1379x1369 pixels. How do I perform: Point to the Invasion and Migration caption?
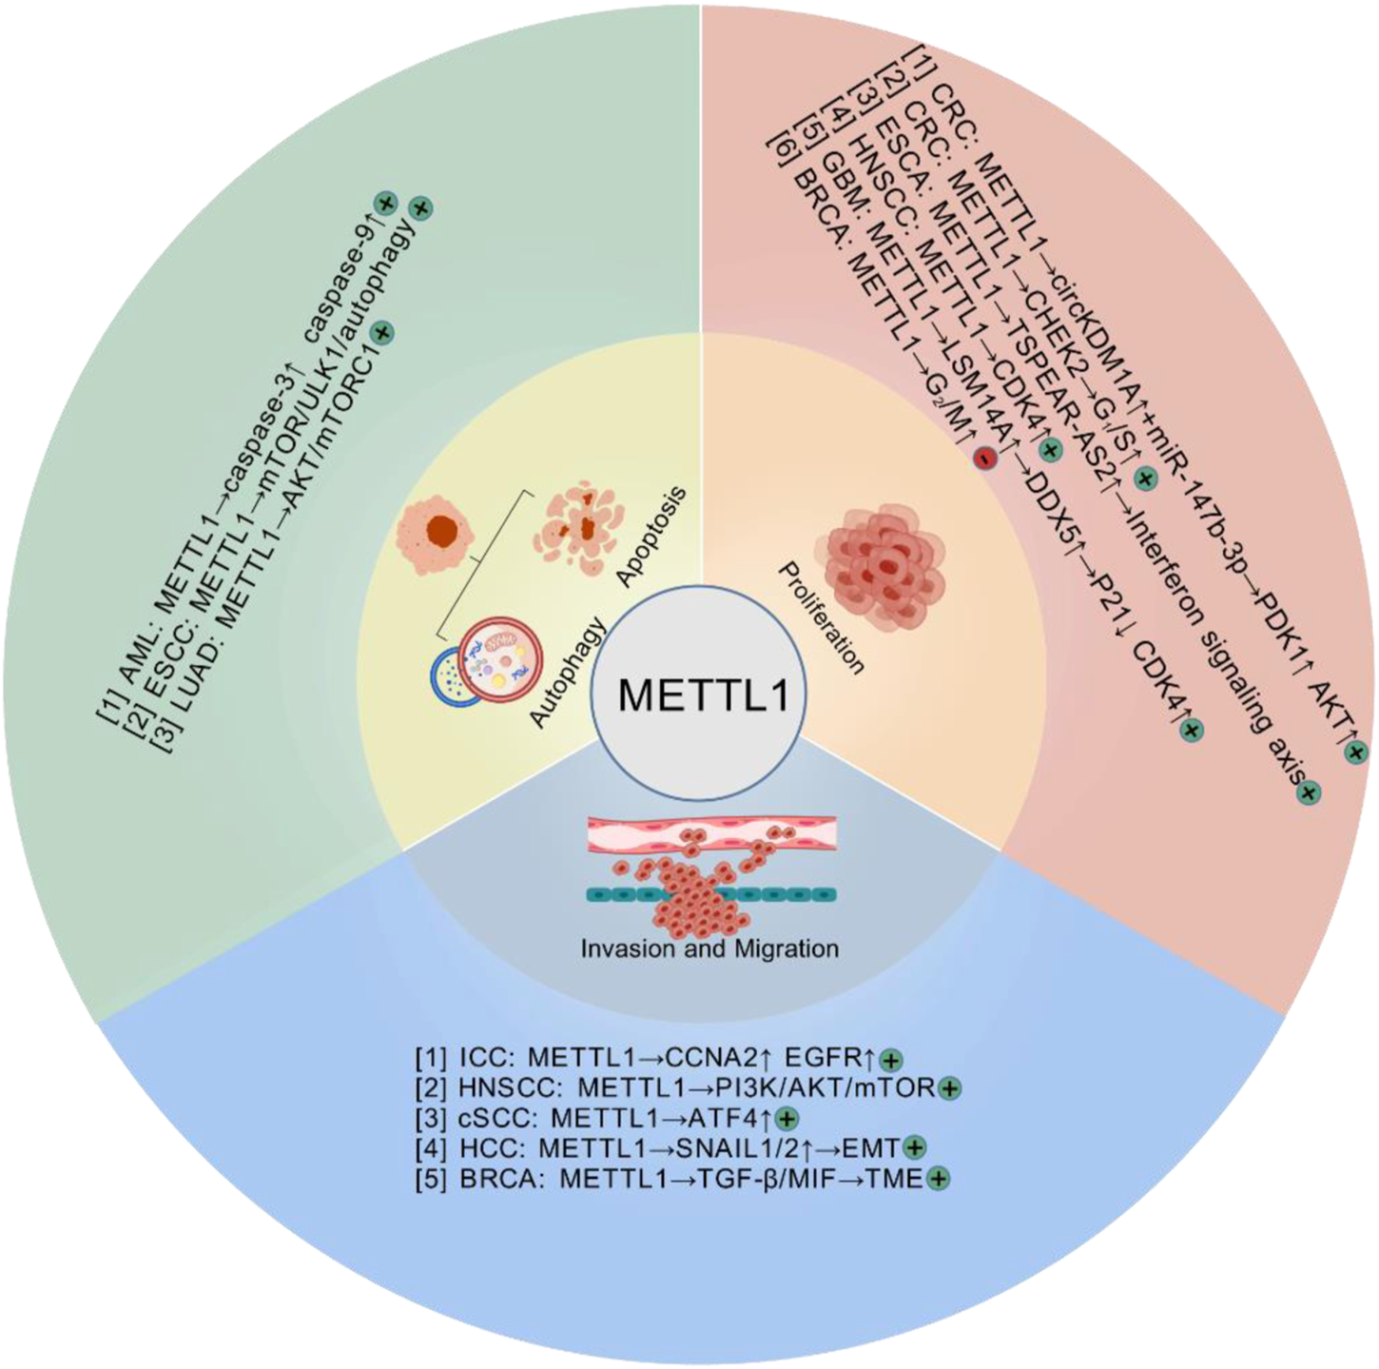tap(709, 949)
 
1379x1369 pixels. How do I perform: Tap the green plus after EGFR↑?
tap(891, 1060)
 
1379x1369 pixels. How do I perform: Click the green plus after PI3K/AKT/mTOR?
tap(949, 1088)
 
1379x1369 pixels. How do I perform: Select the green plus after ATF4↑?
tap(788, 1119)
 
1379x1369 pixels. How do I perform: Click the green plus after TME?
tap(938, 1179)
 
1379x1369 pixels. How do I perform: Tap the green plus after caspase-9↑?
tap(385, 203)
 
